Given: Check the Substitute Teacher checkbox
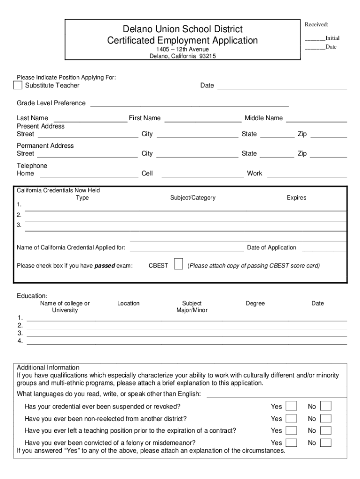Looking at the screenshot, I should coord(18,85).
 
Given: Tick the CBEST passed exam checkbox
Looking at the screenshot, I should coord(178,264).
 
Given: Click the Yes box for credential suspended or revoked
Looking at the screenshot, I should coord(291,406).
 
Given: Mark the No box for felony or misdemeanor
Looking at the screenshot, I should coord(326,443).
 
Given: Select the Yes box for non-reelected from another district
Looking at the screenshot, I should coord(291,418).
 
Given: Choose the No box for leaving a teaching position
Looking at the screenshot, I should coord(326,430).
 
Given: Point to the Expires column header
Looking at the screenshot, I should coord(296,198).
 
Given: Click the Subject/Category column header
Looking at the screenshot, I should coord(193,198).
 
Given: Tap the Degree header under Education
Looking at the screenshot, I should coord(255,304).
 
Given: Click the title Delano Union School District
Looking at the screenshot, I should coord(182,29).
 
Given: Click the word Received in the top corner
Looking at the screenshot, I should coord(317,24).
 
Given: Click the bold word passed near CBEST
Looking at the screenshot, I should coord(105,266).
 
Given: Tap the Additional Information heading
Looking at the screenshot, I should coord(48,368).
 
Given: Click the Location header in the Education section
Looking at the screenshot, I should coord(128,304).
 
